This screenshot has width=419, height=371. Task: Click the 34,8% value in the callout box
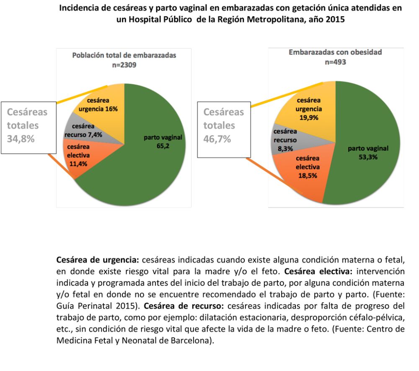coord(21,138)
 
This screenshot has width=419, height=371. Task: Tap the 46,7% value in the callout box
coord(217,138)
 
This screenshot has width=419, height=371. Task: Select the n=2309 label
coord(124,65)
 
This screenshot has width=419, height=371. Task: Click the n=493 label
coord(336,62)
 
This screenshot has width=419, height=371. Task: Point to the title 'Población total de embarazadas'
coord(124,55)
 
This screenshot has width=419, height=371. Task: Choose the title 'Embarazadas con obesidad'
coord(335,52)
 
